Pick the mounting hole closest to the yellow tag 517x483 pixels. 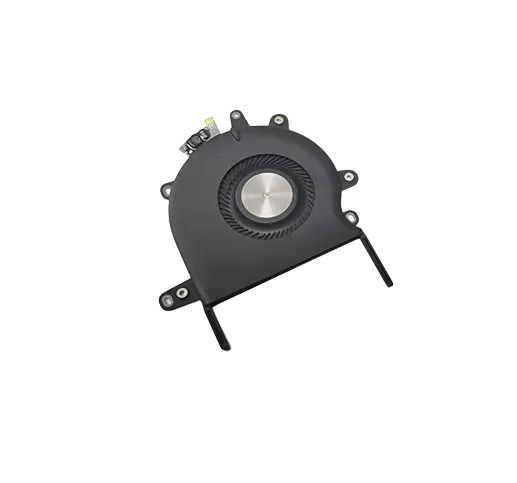(236, 117)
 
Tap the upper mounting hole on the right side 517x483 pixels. (347, 177)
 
